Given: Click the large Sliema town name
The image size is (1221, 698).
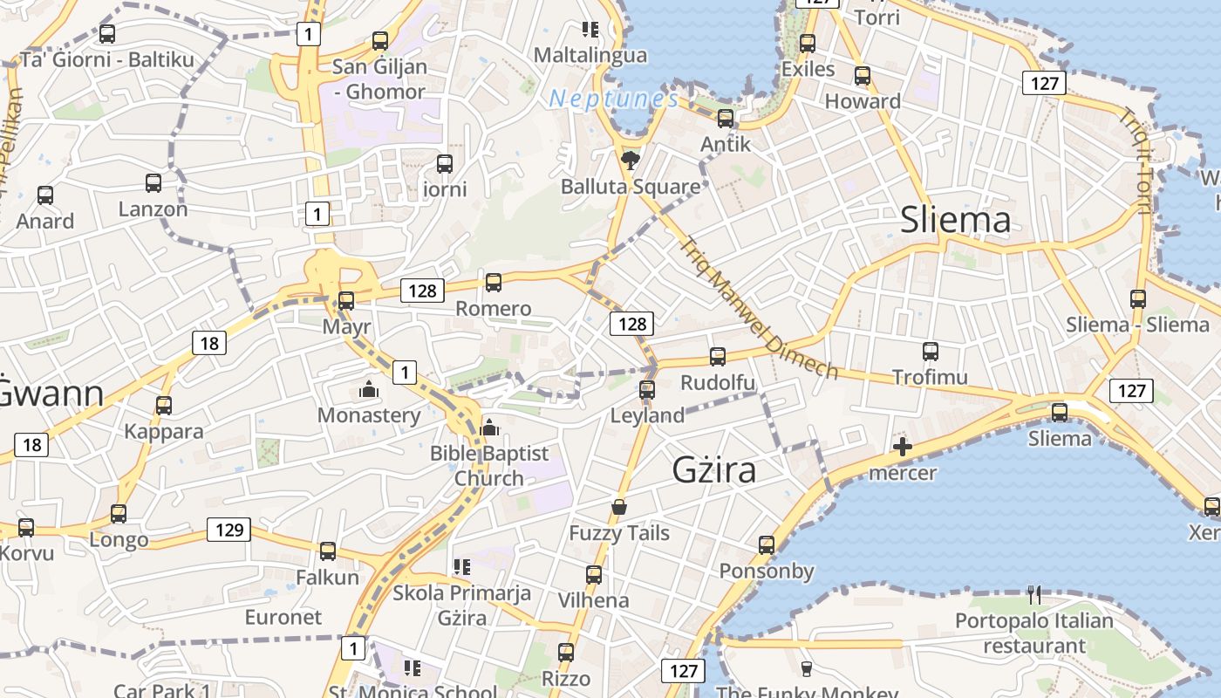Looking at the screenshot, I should coord(955,220).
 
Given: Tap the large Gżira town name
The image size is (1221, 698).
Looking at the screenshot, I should coord(713,470).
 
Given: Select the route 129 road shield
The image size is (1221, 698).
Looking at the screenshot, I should coord(229,529).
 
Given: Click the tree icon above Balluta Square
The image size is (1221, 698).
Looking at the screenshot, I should coord(630,160).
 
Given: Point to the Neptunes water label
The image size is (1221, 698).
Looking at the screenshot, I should coord(613,99).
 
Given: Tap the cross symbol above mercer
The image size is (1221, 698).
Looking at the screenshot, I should coord(903,448).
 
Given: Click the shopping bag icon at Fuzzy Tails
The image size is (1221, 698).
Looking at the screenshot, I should coord(619,507).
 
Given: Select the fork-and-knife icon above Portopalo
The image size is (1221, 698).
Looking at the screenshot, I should coord(1034,595).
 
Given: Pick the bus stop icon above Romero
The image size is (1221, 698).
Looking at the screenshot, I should coord(494,282).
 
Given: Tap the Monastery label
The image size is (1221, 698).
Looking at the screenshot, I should coord(369,415).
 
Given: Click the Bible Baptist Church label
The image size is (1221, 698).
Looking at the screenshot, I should coord(489,466).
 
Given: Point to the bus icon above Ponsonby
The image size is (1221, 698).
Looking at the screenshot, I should coord(767,545).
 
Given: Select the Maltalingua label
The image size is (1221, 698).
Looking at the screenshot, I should coord(590,55).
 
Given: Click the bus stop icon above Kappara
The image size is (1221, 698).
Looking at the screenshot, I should coord(164,405).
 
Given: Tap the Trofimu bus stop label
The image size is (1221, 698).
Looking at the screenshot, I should coord(930,378).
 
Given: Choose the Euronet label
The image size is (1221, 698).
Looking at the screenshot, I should coord(283,617).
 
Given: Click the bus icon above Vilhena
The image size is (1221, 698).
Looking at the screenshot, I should coord(594,574).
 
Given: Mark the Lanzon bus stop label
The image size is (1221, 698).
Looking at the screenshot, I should coord(153,209).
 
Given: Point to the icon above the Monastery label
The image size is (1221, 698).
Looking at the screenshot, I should coord(369,389).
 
